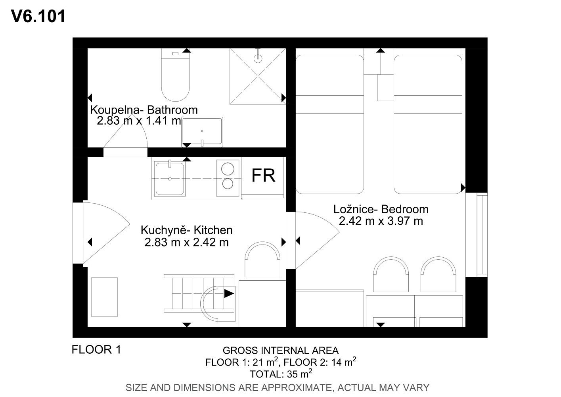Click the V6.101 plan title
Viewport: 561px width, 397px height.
(38, 16)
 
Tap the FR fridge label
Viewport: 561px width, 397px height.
(263, 175)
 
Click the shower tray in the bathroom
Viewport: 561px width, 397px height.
(258, 76)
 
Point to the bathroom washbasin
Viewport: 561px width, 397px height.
(202, 132)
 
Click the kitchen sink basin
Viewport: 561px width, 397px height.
(170, 179)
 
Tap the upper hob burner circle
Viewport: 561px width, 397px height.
(228, 169)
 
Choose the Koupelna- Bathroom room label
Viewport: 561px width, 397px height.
(144, 110)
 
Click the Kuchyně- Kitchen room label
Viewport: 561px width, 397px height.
(187, 230)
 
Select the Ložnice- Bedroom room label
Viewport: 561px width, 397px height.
(381, 209)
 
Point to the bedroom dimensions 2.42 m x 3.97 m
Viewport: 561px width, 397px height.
(381, 221)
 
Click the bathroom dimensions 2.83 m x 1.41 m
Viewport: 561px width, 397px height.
(139, 121)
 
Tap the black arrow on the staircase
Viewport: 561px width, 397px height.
(229, 293)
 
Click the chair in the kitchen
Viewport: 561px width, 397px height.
(262, 259)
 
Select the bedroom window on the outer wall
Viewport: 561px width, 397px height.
(482, 235)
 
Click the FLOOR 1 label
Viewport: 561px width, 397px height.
(96, 350)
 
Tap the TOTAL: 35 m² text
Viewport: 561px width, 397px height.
(281, 374)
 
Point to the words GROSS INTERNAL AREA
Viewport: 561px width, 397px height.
(281, 351)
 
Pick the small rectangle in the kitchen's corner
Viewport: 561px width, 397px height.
(104, 297)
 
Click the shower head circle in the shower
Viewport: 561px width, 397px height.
(258, 59)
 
